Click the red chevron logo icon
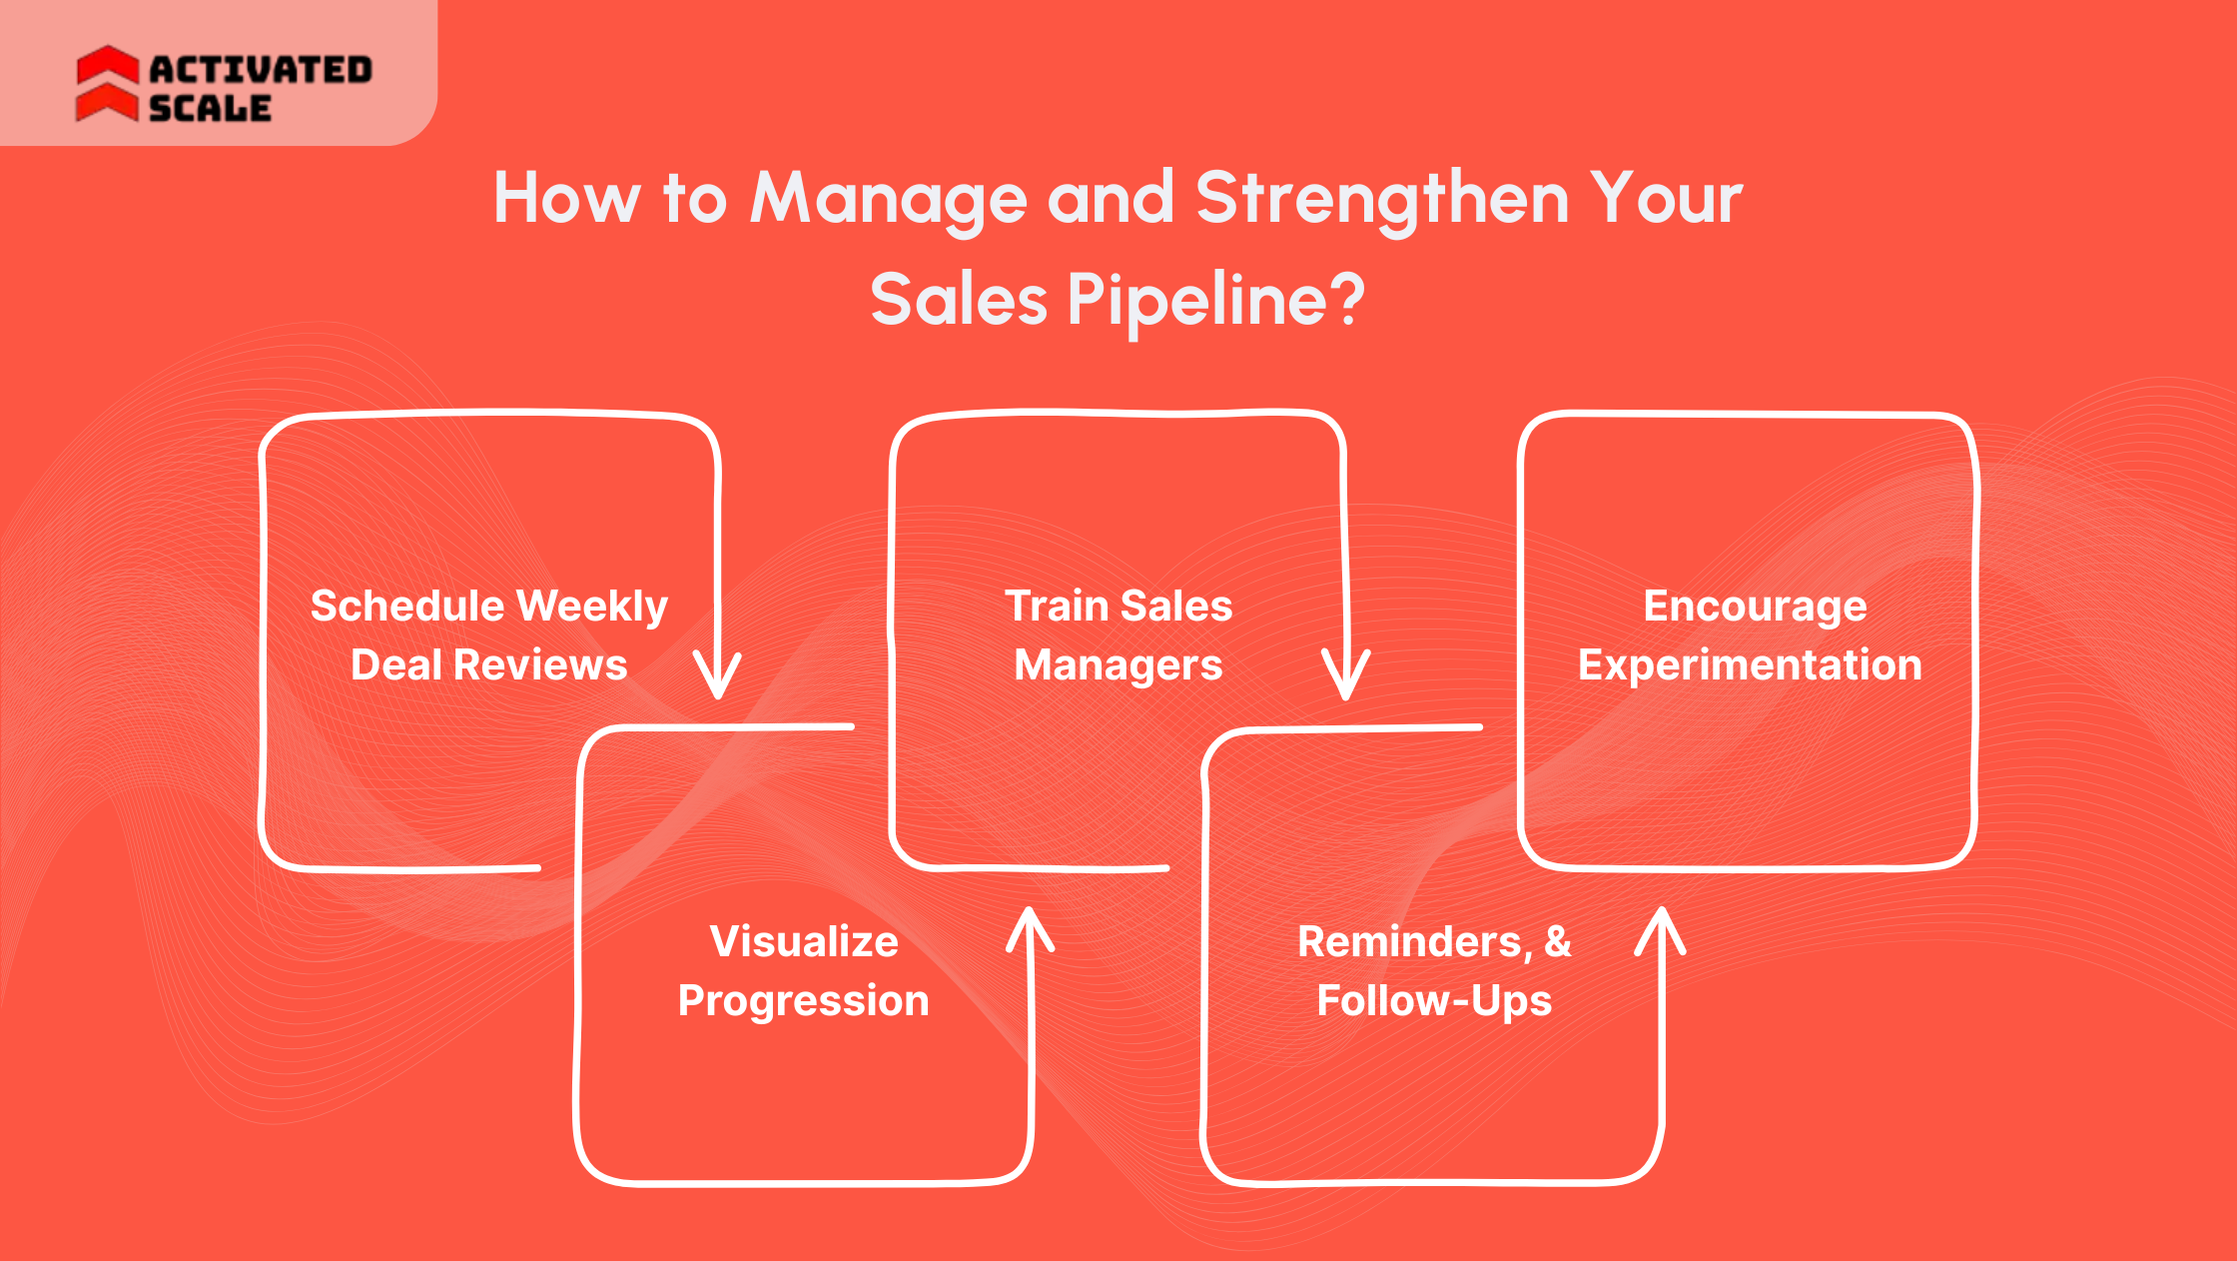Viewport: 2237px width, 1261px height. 108,84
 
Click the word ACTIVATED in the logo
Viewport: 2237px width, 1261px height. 261,70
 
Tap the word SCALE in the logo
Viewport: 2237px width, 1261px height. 210,108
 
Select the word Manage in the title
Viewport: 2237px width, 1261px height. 888,200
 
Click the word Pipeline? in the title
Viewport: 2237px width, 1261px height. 1215,301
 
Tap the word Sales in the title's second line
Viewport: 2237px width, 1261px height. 959,301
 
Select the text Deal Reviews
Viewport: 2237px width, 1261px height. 488,665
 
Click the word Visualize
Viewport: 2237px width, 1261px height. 804,941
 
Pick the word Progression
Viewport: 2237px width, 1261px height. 804,1000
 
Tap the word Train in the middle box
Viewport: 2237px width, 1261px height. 1057,606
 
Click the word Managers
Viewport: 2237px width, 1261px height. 1118,665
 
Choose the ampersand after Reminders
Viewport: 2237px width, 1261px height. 1558,941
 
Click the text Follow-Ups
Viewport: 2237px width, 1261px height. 1434,1000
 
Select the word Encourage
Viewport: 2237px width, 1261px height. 1755,607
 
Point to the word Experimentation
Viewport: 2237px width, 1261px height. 1750,665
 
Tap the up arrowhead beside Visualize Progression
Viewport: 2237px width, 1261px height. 1031,929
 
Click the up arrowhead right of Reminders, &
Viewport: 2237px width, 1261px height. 1661,930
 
